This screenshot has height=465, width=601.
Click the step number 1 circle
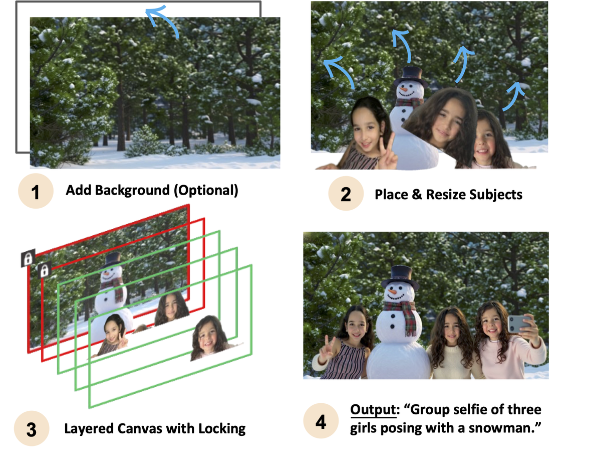point(36,191)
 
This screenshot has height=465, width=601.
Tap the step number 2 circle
point(346,194)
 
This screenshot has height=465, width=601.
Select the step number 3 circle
point(32,428)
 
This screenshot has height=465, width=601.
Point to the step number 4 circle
point(321,421)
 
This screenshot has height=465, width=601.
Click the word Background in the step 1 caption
point(132,191)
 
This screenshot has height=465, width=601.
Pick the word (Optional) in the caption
point(206,191)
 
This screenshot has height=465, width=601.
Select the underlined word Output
point(374,409)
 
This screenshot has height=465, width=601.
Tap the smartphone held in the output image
point(519,324)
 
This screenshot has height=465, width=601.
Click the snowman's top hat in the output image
point(400,277)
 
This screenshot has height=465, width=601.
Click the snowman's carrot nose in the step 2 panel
point(404,89)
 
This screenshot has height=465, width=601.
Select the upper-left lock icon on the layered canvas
point(28,258)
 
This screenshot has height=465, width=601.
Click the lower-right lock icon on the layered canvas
point(44,269)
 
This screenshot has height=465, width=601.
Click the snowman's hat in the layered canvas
point(112,260)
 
